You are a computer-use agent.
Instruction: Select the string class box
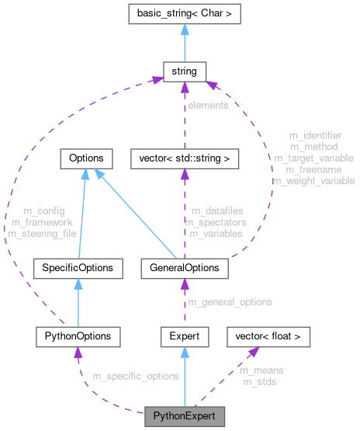tap(184, 72)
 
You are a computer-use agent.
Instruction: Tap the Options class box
tap(86, 158)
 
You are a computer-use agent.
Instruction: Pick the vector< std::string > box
tap(184, 158)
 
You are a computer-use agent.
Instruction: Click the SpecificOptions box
tap(78, 269)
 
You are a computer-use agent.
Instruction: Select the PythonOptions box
tap(78, 336)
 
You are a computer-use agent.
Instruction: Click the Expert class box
tap(185, 336)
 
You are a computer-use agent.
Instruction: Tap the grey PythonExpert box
tap(185, 415)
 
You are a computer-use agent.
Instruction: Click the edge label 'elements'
tap(208, 105)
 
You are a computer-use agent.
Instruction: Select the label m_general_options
tap(230, 301)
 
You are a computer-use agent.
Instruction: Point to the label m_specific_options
tap(136, 377)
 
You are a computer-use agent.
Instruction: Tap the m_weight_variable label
tap(313, 180)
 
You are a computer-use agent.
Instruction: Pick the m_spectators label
tap(216, 222)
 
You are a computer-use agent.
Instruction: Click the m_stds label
tap(258, 382)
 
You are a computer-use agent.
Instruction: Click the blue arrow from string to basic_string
tap(184, 44)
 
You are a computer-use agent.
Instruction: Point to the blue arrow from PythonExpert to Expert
tap(185, 376)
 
